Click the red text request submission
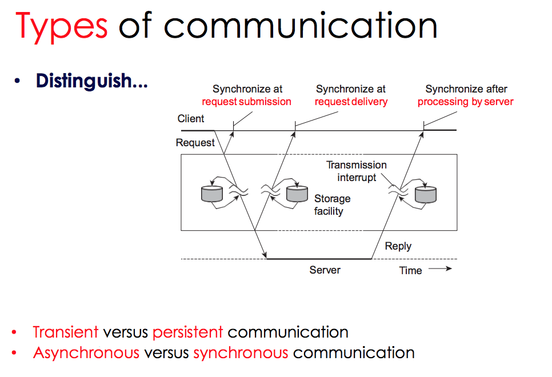246,102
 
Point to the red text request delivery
351,102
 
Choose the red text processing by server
465,102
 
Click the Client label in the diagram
190,119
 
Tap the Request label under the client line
195,143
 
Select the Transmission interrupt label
357,171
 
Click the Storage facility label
332,204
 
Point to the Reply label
398,246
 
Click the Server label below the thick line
325,270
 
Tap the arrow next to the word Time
439,269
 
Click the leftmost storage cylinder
211,193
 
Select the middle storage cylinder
297,193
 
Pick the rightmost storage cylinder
425,194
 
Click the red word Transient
66,332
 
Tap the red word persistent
187,332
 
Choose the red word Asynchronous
86,352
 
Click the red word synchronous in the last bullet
241,352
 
